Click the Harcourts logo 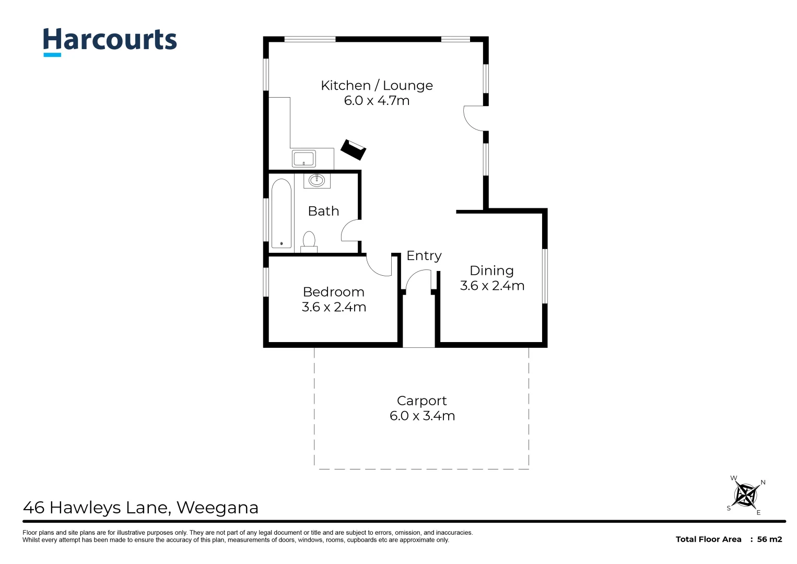click(110, 41)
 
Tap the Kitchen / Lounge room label click(377, 86)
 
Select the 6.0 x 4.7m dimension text click(377, 101)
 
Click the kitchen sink click(303, 158)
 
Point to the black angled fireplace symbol click(353, 150)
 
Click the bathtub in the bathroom click(281, 214)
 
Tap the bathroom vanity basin click(317, 181)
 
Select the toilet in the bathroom click(309, 242)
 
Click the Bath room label click(323, 211)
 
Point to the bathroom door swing click(350, 230)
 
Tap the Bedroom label click(333, 292)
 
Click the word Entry click(424, 256)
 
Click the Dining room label click(491, 271)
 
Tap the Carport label click(421, 401)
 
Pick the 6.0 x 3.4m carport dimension click(422, 416)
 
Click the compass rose click(746, 495)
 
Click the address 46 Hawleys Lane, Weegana click(140, 508)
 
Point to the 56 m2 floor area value click(769, 539)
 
